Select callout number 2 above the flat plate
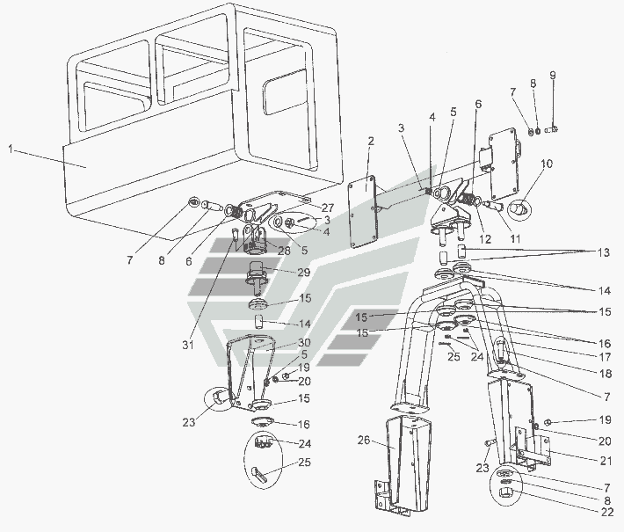tap(371, 142)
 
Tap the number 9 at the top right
tap(553, 75)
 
